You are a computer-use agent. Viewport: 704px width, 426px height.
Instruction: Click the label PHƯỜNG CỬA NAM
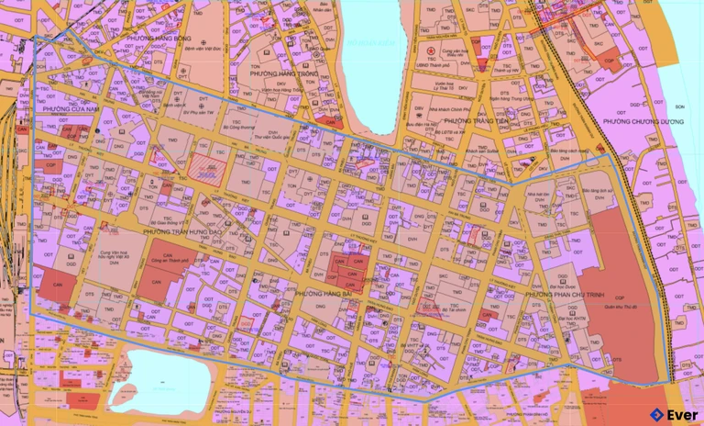click(68, 109)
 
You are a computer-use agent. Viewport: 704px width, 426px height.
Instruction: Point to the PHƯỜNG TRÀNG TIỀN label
click(475, 120)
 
